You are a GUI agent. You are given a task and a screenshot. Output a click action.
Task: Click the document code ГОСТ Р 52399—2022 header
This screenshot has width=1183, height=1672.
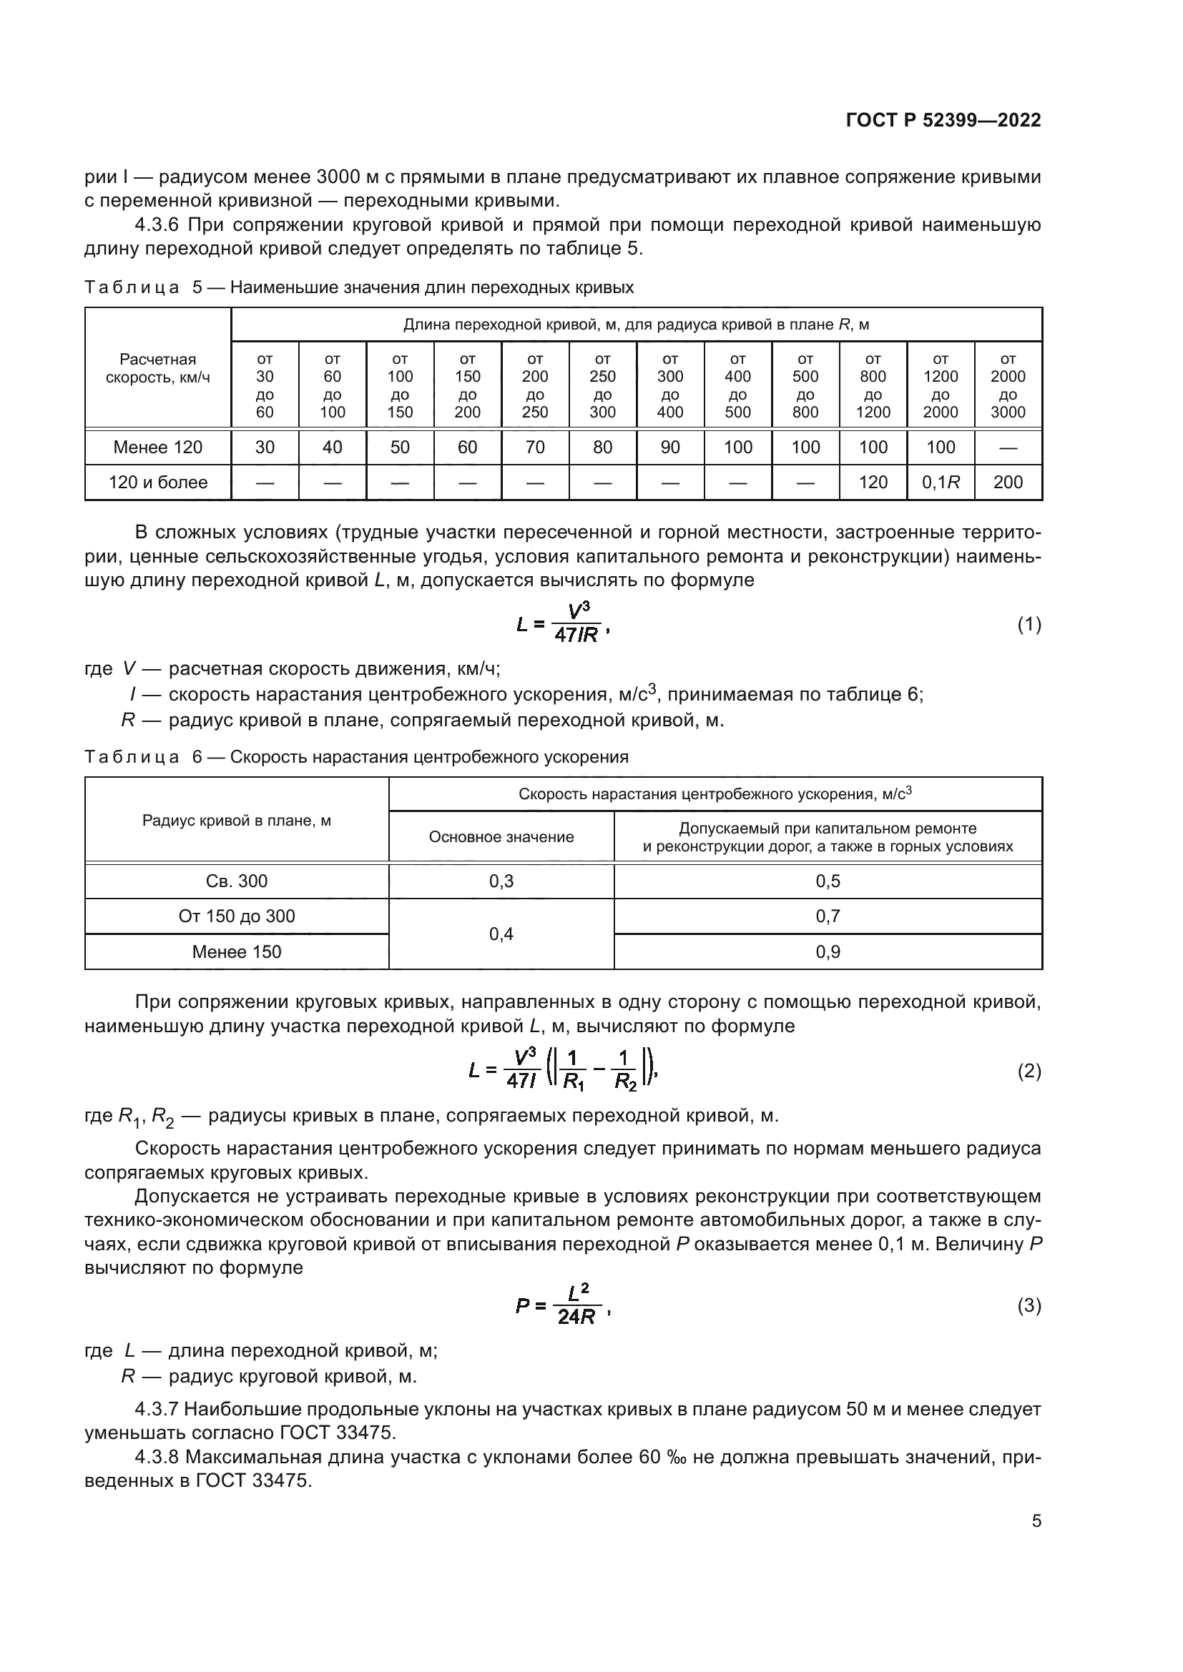(x=943, y=121)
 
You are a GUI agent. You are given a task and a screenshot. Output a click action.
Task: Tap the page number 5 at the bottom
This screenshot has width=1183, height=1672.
(x=1036, y=1520)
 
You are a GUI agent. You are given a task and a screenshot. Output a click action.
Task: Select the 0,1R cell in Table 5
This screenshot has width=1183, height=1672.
(x=941, y=482)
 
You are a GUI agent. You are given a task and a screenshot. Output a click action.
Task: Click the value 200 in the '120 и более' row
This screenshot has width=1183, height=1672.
(x=1008, y=482)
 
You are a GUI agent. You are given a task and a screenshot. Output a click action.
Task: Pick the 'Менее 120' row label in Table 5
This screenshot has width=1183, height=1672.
(x=157, y=447)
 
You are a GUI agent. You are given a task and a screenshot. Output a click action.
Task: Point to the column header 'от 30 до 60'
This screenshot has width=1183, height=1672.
(x=265, y=385)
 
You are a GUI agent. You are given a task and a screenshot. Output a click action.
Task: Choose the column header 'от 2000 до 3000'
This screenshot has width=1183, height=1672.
(x=1008, y=385)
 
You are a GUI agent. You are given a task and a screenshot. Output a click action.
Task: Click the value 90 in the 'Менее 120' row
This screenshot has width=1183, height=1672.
(x=669, y=447)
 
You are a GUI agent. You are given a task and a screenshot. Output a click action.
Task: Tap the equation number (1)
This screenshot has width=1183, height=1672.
(x=1029, y=624)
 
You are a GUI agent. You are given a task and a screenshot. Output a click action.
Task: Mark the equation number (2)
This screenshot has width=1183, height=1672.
(x=1029, y=1071)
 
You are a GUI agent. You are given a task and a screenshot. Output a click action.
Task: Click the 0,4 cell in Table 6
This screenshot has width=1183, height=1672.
(x=501, y=934)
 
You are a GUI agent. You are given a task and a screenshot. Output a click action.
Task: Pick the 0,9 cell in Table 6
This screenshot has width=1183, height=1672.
(x=828, y=951)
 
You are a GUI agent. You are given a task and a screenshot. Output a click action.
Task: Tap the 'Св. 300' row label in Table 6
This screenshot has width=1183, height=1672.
(x=237, y=881)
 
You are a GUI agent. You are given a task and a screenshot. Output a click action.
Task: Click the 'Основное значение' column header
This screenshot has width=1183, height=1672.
(x=501, y=837)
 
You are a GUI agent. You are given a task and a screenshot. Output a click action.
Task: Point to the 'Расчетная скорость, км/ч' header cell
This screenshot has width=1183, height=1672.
(x=157, y=368)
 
